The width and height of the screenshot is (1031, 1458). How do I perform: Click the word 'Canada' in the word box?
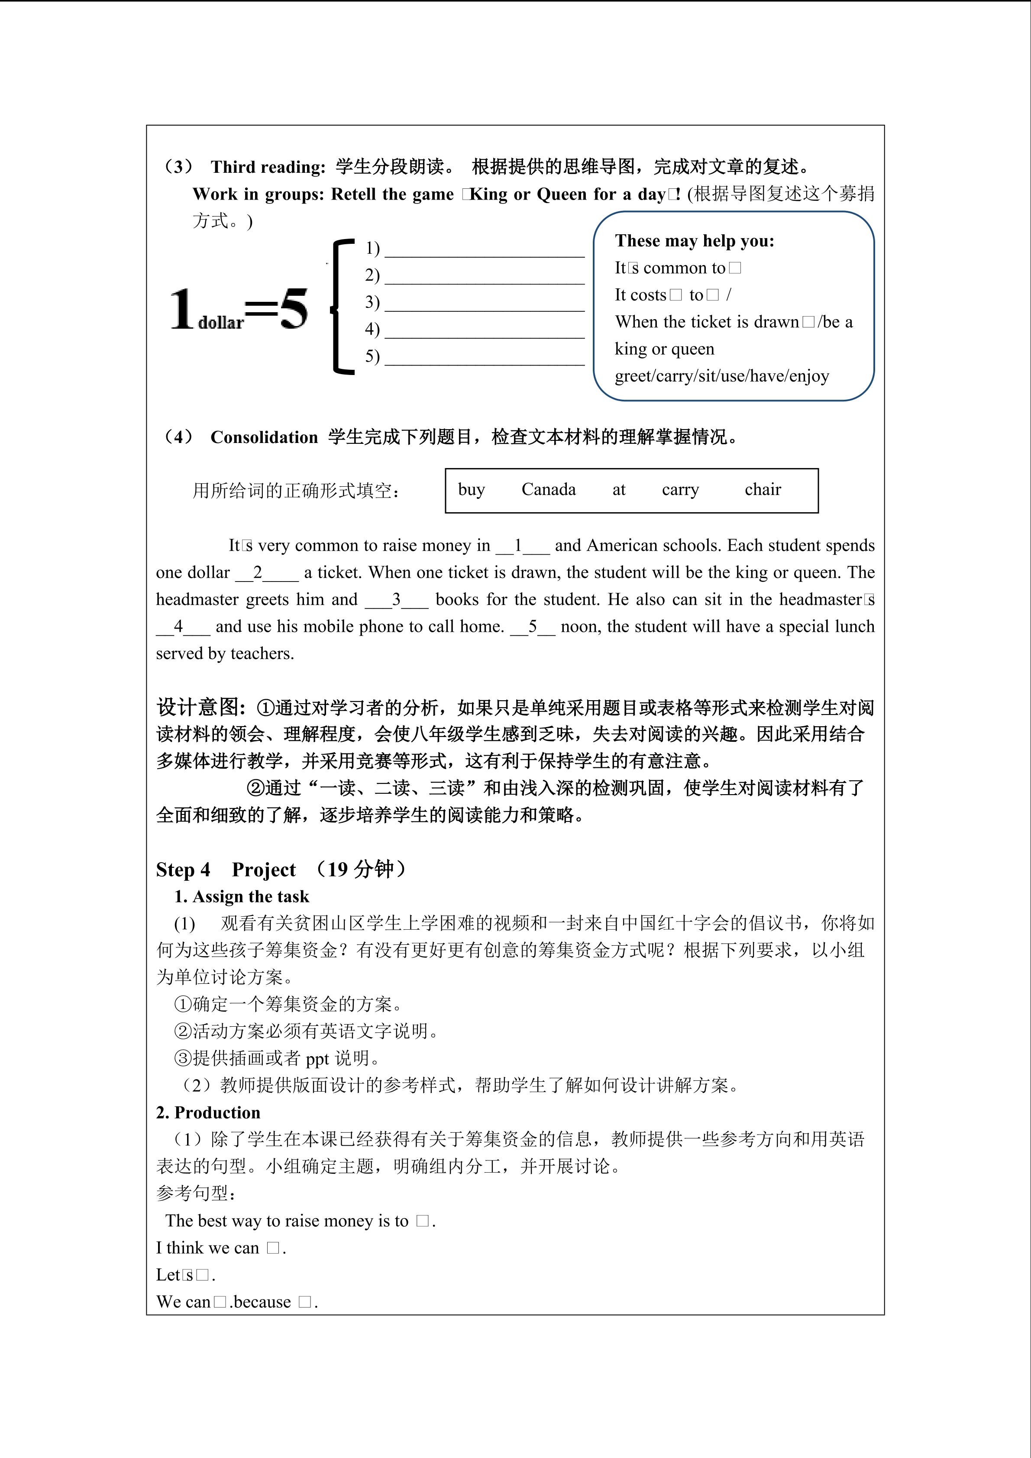click(549, 490)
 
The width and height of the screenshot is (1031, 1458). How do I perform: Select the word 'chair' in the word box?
click(763, 490)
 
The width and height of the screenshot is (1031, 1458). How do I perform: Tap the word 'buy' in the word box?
click(471, 490)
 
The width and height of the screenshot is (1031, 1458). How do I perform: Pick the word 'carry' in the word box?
click(680, 490)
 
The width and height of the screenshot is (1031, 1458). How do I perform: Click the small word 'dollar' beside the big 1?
click(221, 323)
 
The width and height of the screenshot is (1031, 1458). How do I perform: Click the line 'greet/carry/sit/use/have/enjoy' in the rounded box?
click(722, 376)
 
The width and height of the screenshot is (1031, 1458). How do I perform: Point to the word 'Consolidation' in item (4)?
click(264, 437)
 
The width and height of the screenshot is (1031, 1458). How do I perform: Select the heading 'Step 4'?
click(183, 870)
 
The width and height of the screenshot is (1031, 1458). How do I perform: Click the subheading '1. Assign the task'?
click(242, 897)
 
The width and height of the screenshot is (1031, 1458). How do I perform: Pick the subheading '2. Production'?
click(208, 1112)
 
